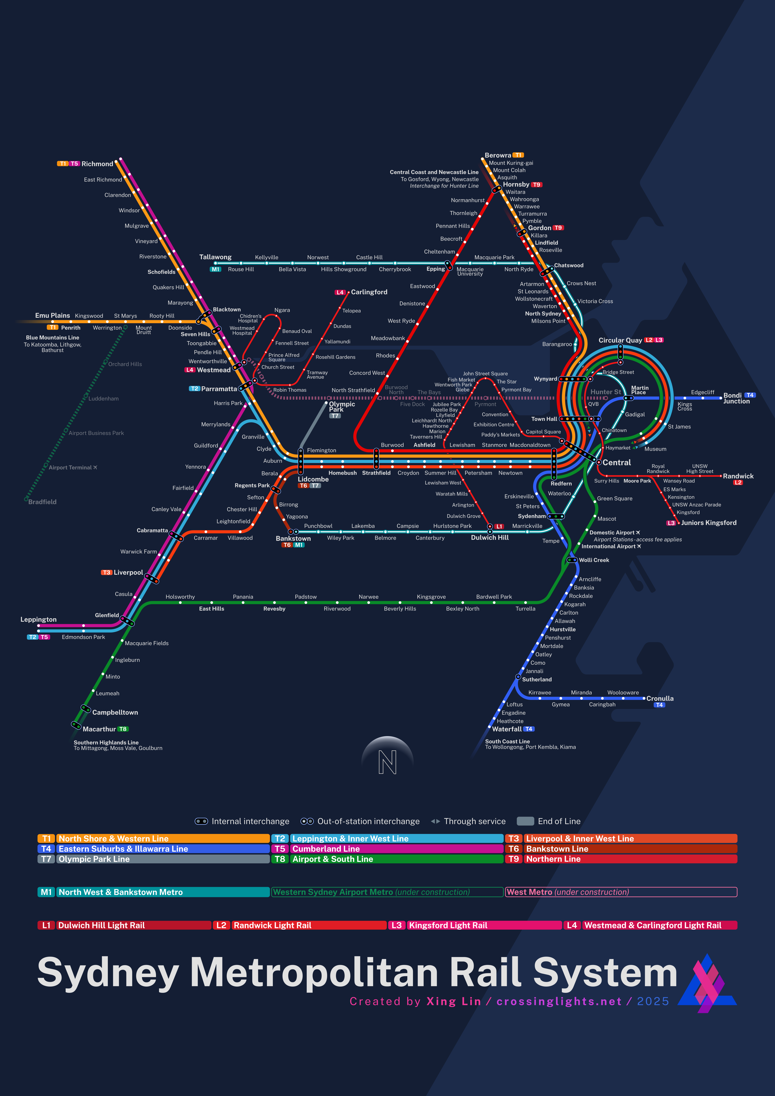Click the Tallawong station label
point(215,257)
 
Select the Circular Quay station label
point(620,340)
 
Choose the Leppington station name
point(38,620)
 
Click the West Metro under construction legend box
point(621,892)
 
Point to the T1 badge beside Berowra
point(518,155)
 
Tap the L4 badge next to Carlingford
point(340,292)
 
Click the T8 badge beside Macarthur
point(123,729)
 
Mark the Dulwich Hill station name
point(490,538)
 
